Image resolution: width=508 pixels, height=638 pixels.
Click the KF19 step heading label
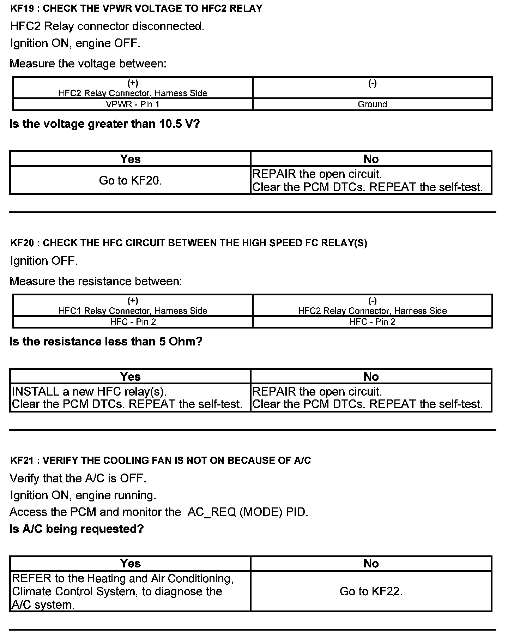click(136, 8)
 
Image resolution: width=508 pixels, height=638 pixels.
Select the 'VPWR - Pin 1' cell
click(133, 104)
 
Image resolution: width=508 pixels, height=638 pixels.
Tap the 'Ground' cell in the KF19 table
click(372, 104)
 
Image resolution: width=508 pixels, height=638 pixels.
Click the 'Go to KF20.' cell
click(130, 180)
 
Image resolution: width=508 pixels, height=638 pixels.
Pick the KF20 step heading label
click(188, 243)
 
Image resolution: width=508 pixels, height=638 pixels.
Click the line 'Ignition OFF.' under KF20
click(44, 261)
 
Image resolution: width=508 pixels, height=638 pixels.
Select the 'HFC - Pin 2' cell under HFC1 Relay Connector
click(133, 322)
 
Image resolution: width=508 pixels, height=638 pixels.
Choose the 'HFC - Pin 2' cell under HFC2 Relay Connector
click(372, 322)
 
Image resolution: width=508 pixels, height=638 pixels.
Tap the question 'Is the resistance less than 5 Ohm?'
click(106, 342)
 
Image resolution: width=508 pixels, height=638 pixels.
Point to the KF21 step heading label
click(161, 461)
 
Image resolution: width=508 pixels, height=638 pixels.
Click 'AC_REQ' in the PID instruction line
click(212, 512)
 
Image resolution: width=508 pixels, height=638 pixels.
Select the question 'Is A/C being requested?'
click(77, 529)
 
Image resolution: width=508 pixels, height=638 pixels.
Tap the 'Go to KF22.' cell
click(371, 591)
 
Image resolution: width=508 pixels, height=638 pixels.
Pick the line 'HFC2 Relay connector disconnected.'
click(107, 26)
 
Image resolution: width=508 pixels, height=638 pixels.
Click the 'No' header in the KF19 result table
click(371, 159)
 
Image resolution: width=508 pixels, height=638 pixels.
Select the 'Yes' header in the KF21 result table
click(130, 564)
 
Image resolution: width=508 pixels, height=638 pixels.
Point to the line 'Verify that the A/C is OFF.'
click(78, 479)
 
